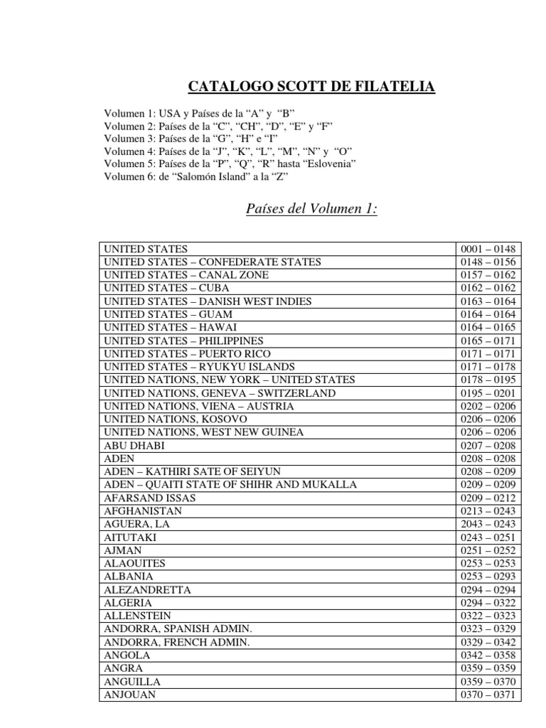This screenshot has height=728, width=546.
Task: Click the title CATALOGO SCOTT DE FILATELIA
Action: [312, 87]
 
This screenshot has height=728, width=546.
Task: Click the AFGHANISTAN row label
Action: [143, 511]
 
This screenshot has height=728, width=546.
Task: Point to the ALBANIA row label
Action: [129, 577]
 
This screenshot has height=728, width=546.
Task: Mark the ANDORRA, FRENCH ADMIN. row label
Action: [177, 642]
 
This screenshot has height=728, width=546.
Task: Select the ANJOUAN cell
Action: [131, 695]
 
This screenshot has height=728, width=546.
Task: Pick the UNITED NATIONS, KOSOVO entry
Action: [176, 419]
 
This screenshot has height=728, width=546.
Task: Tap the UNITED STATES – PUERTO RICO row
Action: [187, 354]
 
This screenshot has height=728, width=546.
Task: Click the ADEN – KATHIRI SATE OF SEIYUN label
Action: [192, 472]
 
